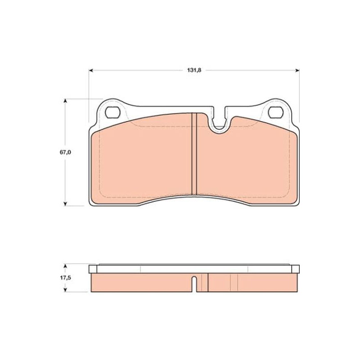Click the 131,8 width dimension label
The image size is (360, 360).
[194, 70]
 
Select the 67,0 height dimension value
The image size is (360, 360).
[65, 152]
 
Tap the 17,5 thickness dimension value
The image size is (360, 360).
[65, 278]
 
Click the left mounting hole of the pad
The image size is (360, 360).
[112, 112]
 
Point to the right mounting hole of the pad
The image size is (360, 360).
[276, 112]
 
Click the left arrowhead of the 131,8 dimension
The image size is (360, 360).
[91, 70]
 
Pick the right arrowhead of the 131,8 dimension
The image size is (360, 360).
[297, 70]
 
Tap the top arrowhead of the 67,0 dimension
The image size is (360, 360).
[65, 101]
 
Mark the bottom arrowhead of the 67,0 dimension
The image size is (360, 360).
[65, 204]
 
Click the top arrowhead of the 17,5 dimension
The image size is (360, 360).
[65, 266]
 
